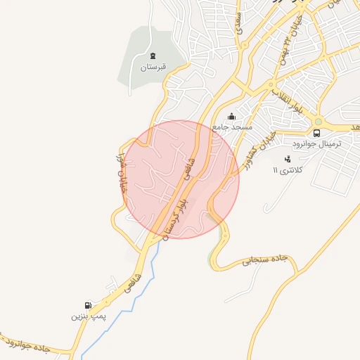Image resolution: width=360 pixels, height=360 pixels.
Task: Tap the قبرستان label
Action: (153, 67)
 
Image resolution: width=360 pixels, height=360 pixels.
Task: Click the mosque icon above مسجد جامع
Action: (232, 116)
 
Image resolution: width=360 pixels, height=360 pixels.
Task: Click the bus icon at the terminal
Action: (316, 132)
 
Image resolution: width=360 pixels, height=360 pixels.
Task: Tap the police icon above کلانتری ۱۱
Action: (287, 159)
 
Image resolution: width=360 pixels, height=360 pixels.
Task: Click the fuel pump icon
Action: (88, 305)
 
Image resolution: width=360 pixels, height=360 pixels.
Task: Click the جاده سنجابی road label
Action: (266, 259)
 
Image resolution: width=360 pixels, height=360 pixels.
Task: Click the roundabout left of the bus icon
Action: (319, 120)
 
